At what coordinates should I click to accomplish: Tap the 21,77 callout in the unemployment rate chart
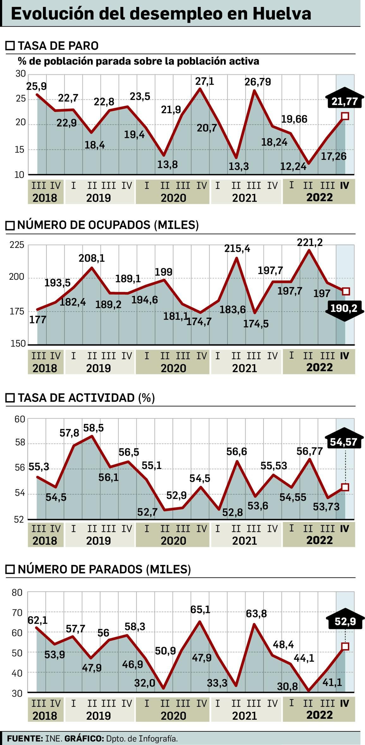coord(344,101)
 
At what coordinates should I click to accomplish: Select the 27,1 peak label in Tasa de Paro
coord(205,82)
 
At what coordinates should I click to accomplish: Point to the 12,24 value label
coord(293,166)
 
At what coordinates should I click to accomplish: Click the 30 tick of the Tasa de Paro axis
coord(21,74)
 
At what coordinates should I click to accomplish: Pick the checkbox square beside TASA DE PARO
coord(10,46)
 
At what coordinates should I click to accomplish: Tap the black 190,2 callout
coord(344,308)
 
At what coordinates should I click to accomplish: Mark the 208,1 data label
coord(91,258)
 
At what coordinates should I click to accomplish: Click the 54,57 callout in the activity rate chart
coord(343,442)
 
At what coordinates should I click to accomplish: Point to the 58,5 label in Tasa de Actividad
coord(93,428)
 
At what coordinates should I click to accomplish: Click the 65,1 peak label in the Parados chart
coord(200,610)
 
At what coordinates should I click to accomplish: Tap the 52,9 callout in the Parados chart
coord(345,622)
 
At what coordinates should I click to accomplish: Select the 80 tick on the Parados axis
coord(17,593)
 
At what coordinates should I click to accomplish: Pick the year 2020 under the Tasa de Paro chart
coord(173,198)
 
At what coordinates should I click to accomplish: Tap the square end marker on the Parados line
coord(345,646)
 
